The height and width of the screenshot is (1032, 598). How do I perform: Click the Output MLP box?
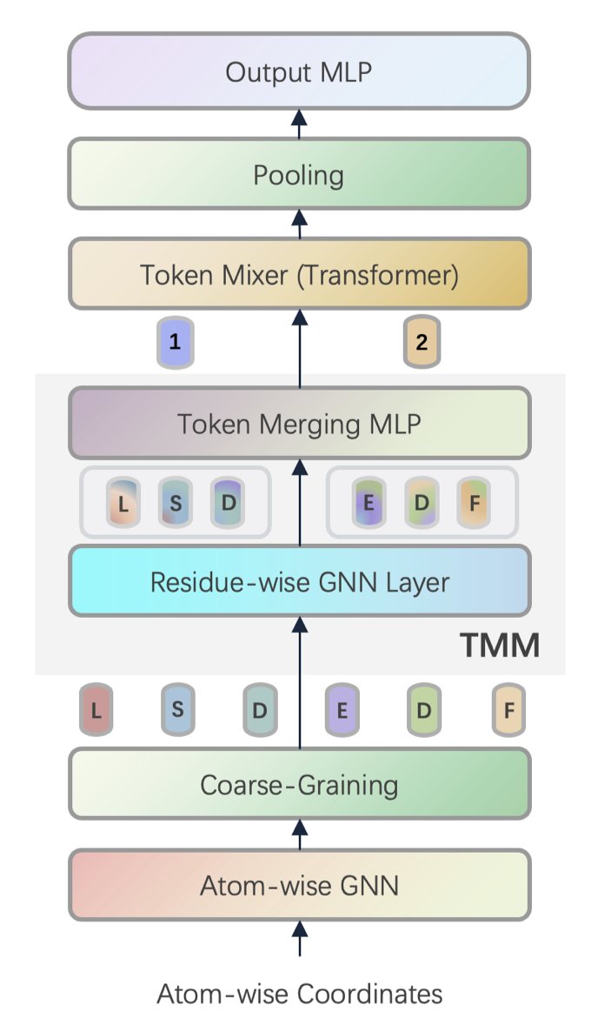tap(299, 71)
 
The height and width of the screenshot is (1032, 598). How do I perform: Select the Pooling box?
tap(299, 174)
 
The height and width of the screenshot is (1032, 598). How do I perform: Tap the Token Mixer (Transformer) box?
tap(299, 274)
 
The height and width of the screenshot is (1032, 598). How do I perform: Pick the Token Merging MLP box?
tap(299, 423)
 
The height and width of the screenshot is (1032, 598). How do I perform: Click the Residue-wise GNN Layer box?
tap(299, 581)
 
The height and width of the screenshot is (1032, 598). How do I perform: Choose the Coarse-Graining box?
tap(299, 784)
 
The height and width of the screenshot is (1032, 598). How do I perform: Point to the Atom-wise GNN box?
tap(299, 885)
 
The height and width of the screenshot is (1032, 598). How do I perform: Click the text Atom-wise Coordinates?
tap(300, 993)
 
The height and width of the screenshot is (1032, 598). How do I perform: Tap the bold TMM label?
tap(500, 645)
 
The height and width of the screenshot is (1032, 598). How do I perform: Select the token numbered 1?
tap(176, 342)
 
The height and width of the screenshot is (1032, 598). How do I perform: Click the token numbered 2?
tap(422, 342)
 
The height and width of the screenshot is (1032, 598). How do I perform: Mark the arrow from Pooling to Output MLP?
tap(300, 124)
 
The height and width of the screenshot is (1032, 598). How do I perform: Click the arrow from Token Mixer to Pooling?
tap(300, 224)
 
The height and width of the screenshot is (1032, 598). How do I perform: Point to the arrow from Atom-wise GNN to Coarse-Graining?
tap(300, 834)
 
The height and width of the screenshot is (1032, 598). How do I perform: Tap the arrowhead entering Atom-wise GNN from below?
tap(300, 928)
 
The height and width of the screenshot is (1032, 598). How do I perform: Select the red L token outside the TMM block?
tap(96, 709)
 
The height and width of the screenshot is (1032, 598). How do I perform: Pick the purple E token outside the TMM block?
tap(342, 709)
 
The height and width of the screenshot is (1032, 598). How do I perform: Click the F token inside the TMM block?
tap(474, 503)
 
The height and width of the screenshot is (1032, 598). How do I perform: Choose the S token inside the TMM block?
tap(176, 503)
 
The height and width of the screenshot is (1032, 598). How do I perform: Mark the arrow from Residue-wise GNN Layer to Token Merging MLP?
tap(300, 502)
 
